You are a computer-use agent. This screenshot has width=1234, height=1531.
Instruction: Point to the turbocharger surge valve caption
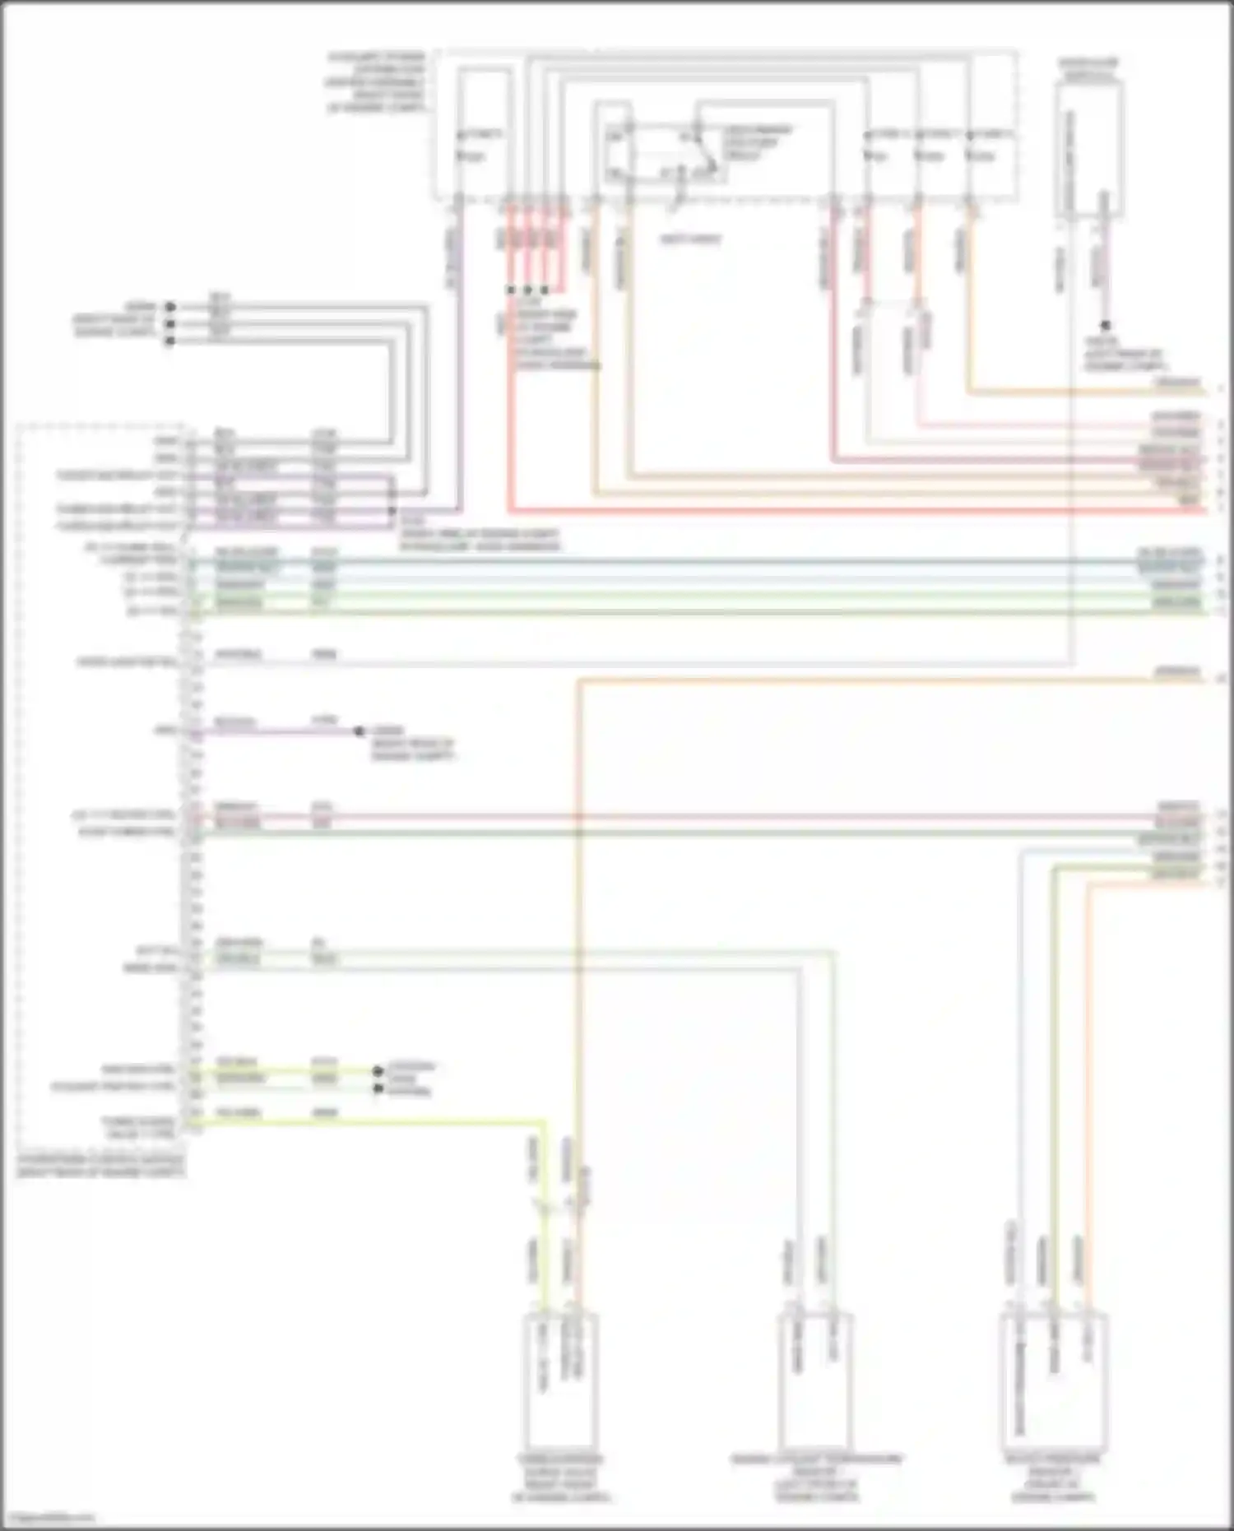560,1478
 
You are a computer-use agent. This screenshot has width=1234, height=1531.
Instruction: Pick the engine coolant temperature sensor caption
816,1478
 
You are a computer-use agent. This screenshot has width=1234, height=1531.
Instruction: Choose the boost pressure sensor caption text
1052,1478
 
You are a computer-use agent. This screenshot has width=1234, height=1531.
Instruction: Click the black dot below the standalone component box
1105,326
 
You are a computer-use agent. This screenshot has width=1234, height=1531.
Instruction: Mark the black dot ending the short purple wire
359,731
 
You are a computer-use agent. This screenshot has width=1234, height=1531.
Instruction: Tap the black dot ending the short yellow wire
378,1071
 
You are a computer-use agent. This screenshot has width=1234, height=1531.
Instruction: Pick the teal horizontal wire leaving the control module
658,564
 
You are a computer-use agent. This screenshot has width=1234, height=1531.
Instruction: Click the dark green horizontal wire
658,833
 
